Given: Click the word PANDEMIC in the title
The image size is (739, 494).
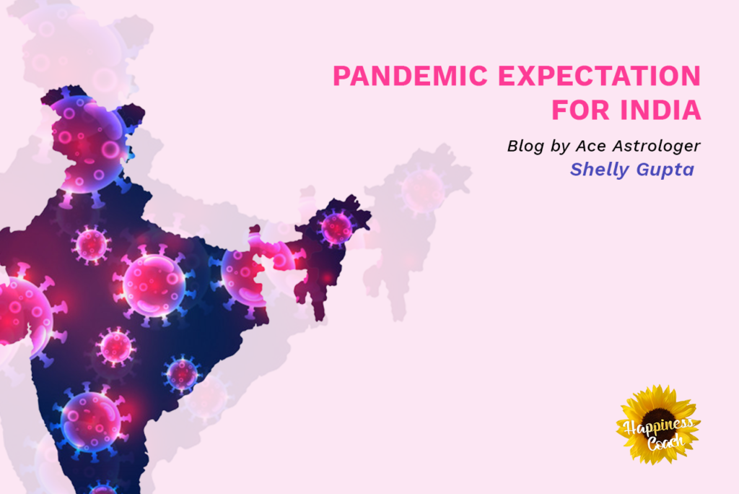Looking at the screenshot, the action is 410,76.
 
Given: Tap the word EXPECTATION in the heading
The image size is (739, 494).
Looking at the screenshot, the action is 600,76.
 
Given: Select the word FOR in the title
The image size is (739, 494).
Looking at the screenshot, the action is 581,110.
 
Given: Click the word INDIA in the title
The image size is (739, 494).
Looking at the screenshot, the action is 661,110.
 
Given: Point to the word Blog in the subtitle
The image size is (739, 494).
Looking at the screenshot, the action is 525,147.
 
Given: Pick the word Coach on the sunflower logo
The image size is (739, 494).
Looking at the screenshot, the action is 665,442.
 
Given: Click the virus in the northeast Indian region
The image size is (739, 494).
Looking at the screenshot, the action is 336,228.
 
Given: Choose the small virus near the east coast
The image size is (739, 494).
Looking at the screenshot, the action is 182,374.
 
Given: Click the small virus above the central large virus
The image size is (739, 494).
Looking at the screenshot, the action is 92,244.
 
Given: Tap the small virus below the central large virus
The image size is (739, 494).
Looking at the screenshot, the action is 115,347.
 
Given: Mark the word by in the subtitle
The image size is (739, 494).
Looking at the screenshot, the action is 560,147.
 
